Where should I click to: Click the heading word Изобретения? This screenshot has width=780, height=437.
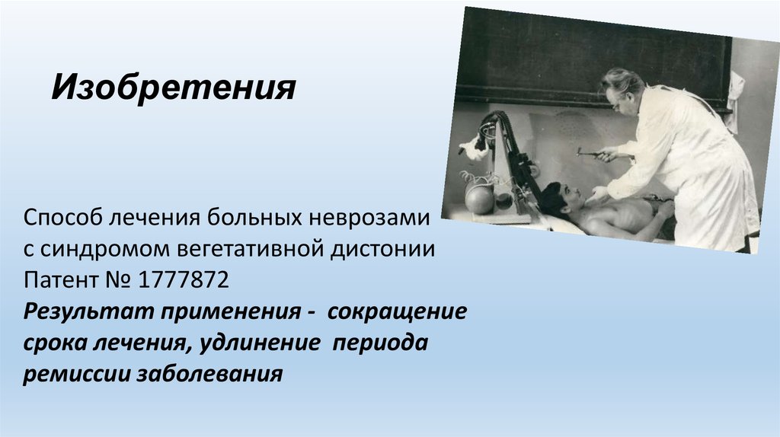point(173,88)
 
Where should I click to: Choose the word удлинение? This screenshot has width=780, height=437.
point(258,343)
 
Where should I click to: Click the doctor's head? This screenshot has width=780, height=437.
point(622,90)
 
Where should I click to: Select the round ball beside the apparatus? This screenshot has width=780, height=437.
point(479,199)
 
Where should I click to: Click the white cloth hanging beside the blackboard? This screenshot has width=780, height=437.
point(736,95)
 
